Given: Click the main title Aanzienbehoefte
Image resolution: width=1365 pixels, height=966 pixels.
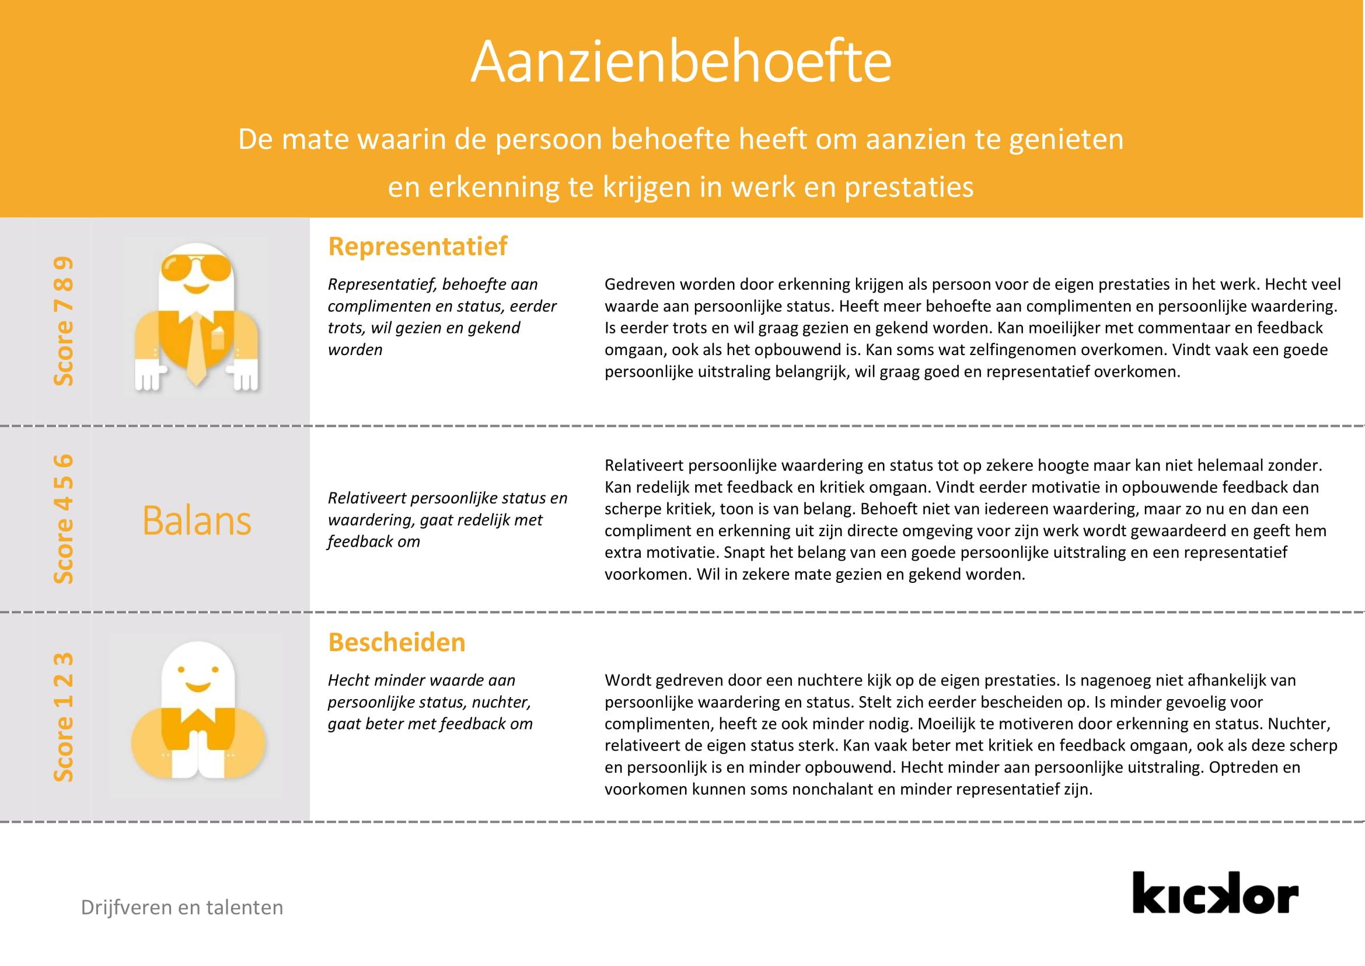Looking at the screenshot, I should pos(680,62).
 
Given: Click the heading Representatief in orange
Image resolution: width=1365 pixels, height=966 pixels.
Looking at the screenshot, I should pos(417,246).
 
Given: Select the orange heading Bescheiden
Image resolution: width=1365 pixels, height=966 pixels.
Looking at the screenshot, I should pos(396,642).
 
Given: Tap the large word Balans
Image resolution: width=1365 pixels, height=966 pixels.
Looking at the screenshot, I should pos(197,521).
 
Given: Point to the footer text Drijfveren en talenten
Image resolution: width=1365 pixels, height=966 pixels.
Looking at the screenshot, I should pos(182,908).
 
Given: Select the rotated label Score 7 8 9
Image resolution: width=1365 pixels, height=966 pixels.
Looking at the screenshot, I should pos(64,321).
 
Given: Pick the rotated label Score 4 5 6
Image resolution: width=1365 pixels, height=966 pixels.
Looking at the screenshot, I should pos(64,519).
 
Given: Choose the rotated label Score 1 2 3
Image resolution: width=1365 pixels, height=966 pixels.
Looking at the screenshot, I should pos(64,717).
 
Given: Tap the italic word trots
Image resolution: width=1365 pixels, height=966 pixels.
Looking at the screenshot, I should pos(346,328).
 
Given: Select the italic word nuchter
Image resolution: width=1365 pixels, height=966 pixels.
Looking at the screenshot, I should pos(501,702).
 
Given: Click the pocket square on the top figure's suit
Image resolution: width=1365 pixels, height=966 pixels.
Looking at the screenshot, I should pos(217,339).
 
